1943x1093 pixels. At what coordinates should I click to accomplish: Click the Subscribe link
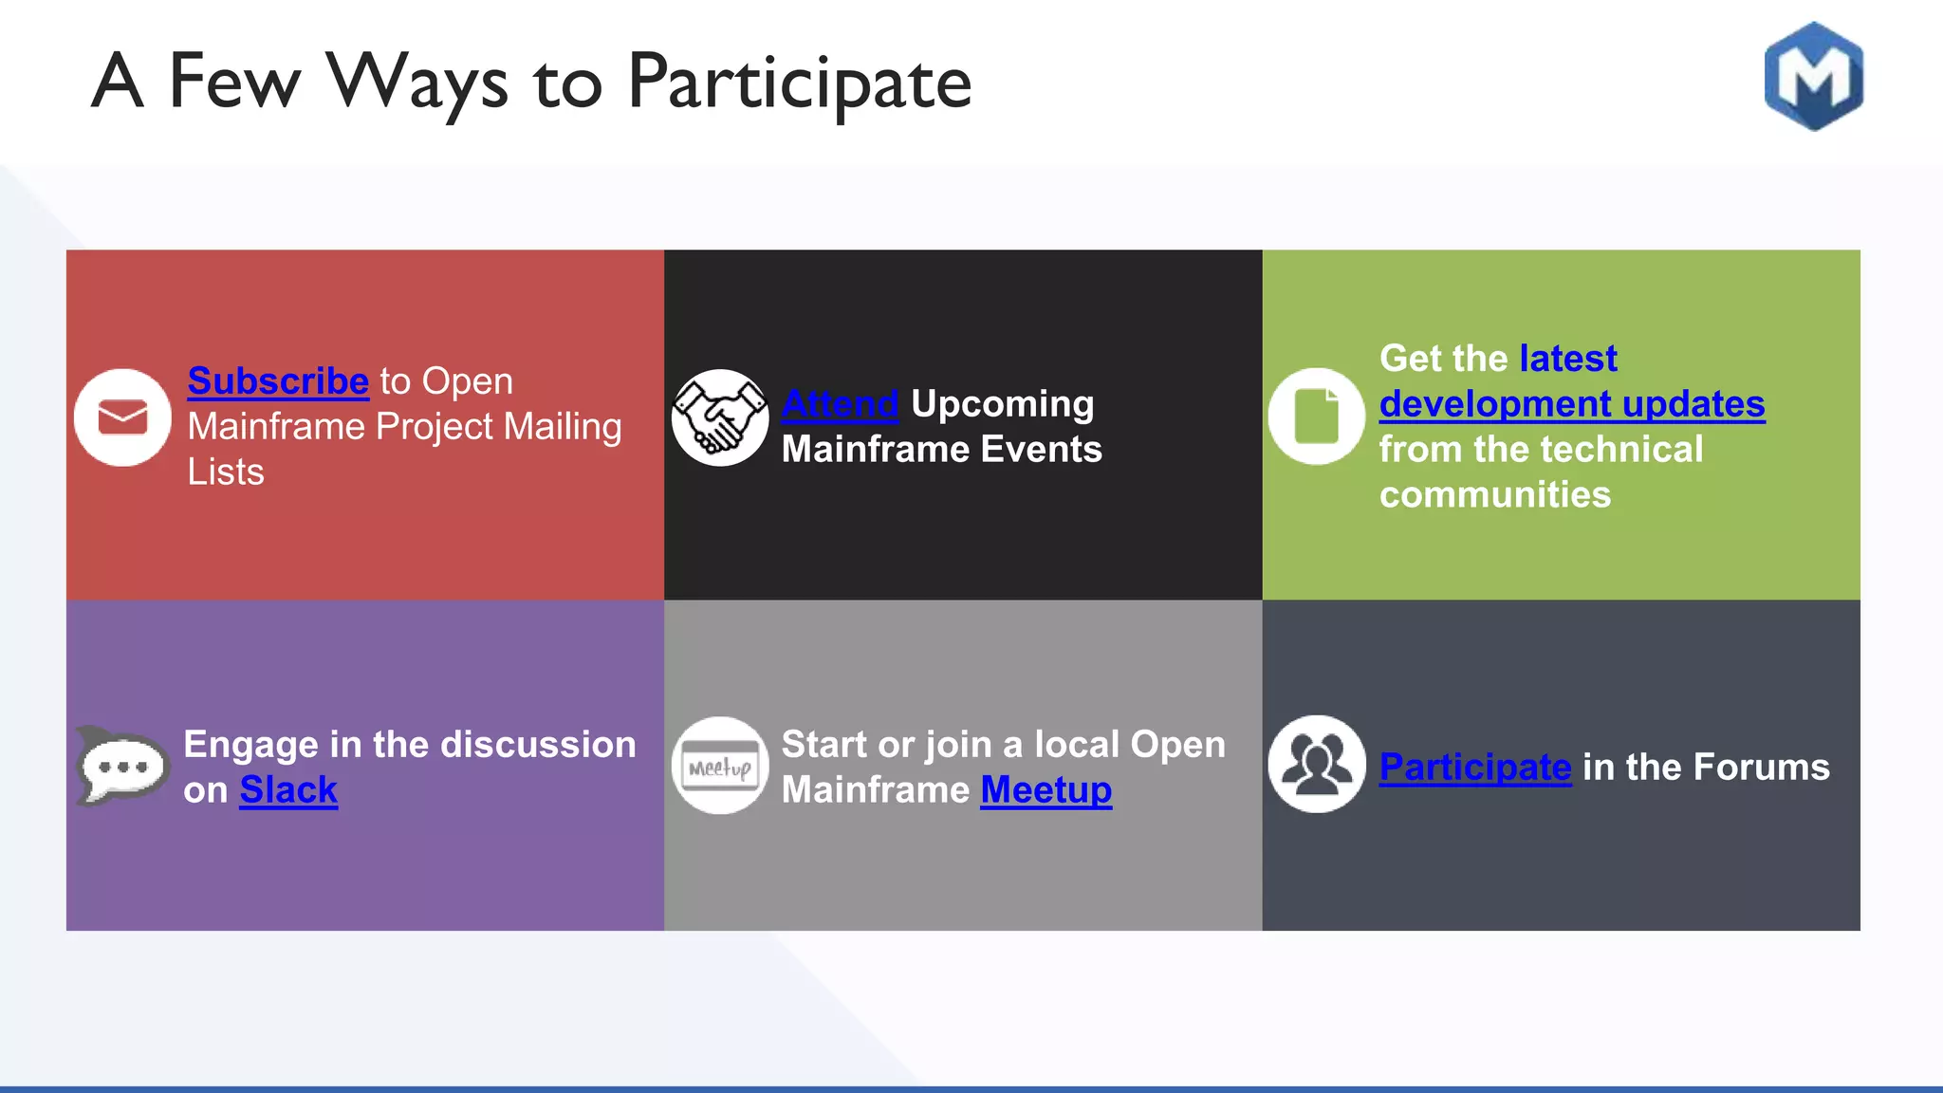pyautogui.click(x=278, y=381)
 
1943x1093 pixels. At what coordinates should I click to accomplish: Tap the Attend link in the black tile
pyautogui.click(x=840, y=404)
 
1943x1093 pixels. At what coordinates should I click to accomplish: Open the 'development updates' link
pyautogui.click(x=1571, y=404)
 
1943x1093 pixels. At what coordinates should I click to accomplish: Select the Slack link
pyautogui.click(x=288, y=790)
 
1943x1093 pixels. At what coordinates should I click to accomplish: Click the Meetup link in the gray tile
pyautogui.click(x=1046, y=790)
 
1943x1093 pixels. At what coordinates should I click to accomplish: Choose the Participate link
pyautogui.click(x=1474, y=767)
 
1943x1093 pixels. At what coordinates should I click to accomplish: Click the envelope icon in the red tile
pyautogui.click(x=122, y=417)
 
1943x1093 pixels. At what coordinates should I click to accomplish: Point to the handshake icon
pyautogui.click(x=720, y=417)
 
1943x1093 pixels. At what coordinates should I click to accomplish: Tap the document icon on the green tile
pyautogui.click(x=1316, y=417)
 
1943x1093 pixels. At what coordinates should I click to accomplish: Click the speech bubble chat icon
pyautogui.click(x=121, y=766)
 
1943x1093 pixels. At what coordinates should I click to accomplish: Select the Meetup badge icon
pyautogui.click(x=720, y=766)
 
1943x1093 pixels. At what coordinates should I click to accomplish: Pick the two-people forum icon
pyautogui.click(x=1316, y=764)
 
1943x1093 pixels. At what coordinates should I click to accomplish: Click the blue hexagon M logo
pyautogui.click(x=1813, y=76)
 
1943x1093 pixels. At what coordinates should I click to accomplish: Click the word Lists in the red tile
pyautogui.click(x=226, y=472)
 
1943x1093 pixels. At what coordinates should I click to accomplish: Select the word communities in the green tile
pyautogui.click(x=1494, y=495)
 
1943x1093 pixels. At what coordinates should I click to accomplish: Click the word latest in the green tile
pyautogui.click(x=1567, y=359)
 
